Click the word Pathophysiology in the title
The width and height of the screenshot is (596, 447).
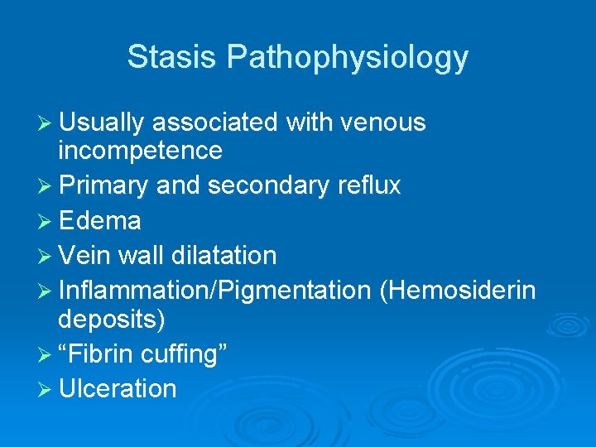348,58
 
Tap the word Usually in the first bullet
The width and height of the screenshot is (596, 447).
102,123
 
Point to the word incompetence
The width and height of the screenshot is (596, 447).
140,151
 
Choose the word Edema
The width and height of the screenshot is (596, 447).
99,221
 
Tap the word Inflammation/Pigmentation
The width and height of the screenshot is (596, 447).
214,291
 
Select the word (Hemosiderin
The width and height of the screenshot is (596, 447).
457,291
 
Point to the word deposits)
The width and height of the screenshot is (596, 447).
112,319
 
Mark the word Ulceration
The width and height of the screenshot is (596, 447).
118,388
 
